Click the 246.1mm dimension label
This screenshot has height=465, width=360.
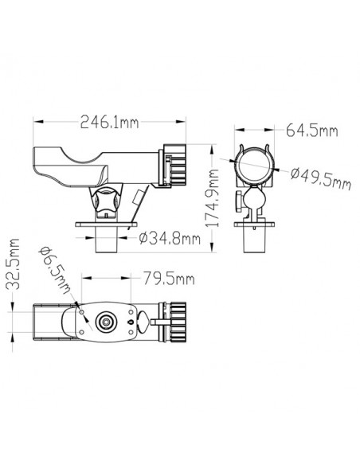109,123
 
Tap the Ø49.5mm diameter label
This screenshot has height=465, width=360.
320,181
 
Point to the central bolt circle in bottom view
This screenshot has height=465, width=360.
104,322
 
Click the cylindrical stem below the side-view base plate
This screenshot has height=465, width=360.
106,240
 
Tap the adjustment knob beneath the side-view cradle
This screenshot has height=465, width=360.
104,202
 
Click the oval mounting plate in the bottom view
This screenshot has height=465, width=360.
105,322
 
